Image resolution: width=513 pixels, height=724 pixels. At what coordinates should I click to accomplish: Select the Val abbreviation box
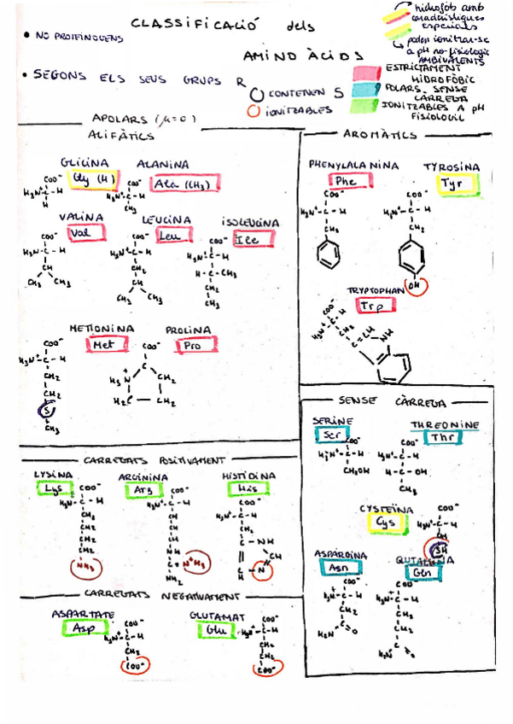point(80,233)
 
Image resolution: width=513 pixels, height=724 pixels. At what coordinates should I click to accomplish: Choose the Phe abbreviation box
point(346,181)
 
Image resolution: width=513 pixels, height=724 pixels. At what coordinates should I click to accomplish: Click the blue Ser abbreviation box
point(325,435)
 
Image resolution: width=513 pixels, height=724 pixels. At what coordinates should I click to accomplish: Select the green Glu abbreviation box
point(213,630)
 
